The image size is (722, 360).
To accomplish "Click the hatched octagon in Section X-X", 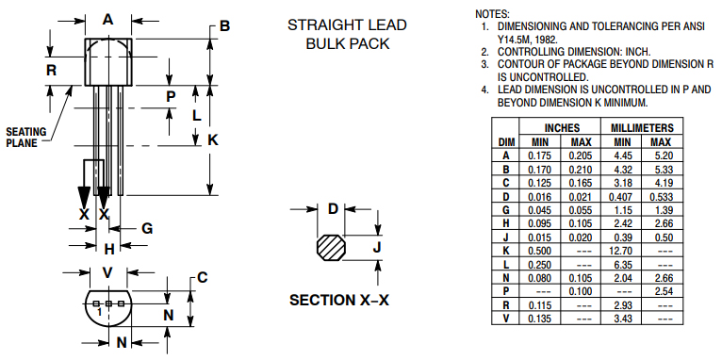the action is coord(331,248).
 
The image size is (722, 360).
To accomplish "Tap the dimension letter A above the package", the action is coord(107,20).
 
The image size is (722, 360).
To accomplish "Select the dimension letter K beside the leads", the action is coord(213,140).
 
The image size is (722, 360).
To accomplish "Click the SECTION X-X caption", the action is coord(339,300).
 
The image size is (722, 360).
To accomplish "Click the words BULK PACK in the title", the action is coord(348,43).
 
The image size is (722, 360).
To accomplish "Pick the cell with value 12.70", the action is coord(622,251).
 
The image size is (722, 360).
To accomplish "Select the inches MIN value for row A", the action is coord(539,156).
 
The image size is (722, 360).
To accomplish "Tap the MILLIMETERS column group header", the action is coord(642,127).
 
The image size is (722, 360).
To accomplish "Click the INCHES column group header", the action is coord(562,127).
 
